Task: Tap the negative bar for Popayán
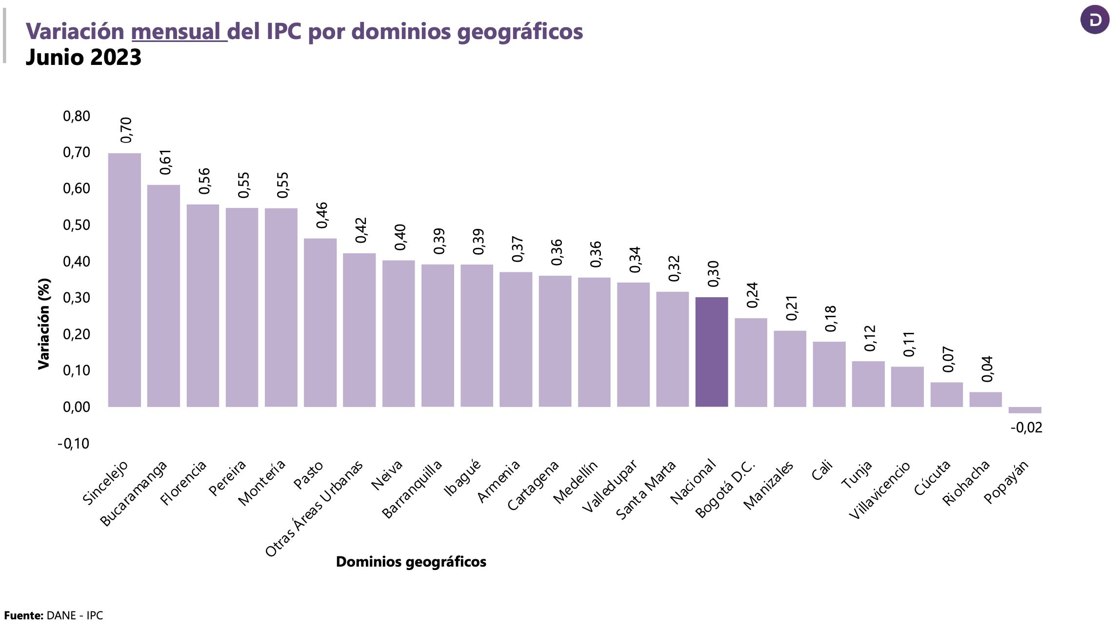(x=1025, y=410)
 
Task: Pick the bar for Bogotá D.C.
(x=751, y=362)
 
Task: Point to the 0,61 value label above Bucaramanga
(x=166, y=162)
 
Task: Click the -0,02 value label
(x=1026, y=428)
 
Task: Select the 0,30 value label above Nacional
(x=713, y=274)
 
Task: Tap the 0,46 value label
(x=322, y=215)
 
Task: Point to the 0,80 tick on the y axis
(x=77, y=116)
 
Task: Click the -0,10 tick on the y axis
(x=74, y=444)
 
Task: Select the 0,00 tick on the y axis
(x=77, y=407)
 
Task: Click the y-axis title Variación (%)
(x=44, y=324)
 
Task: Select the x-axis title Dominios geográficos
(x=411, y=562)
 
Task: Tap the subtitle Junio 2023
(x=83, y=57)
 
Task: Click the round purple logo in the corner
(x=1095, y=20)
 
